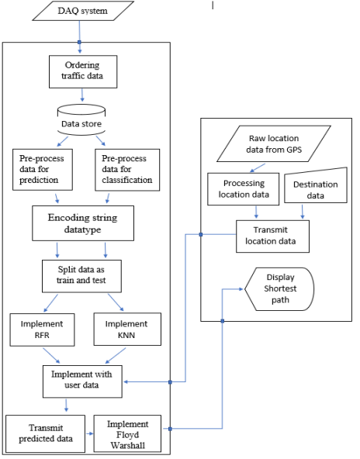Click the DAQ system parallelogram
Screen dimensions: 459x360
pos(78,12)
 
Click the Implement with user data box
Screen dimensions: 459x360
pos(82,380)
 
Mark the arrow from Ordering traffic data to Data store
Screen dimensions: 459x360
pos(81,96)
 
